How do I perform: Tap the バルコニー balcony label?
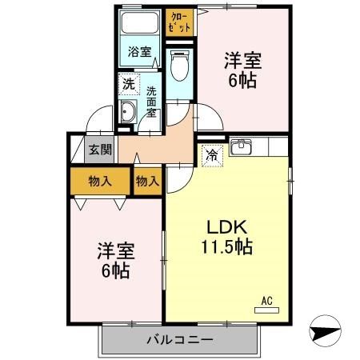pyautogui.click(x=179, y=340)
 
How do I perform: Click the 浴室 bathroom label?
pyautogui.click(x=140, y=53)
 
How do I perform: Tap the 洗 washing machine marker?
pyautogui.click(x=129, y=83)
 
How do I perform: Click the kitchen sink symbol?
pyautogui.click(x=241, y=147)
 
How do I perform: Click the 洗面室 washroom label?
pyautogui.click(x=151, y=102)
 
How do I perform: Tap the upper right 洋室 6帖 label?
pyautogui.click(x=242, y=69)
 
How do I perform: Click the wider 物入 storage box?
pyautogui.click(x=100, y=181)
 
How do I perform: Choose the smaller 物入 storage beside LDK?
pyautogui.click(x=147, y=181)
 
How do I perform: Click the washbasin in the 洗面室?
pyautogui.click(x=129, y=113)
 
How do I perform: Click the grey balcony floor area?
pyautogui.click(x=120, y=340)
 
